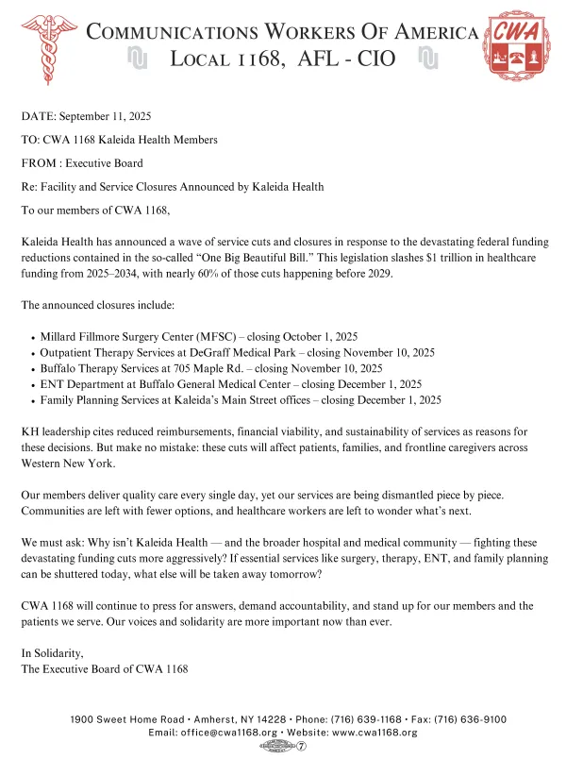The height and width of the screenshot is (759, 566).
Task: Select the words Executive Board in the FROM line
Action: tap(104, 163)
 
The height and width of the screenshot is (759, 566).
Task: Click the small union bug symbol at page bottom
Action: tap(283, 746)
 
